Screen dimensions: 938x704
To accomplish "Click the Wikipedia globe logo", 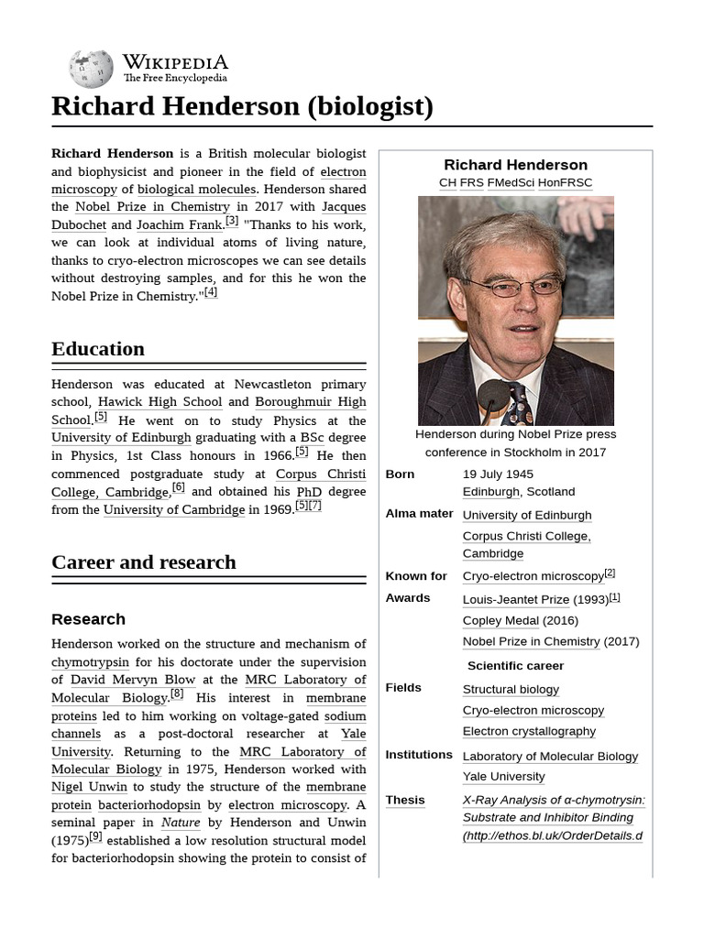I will (91, 69).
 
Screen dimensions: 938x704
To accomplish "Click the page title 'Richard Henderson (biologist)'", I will (242, 106).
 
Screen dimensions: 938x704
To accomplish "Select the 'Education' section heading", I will (98, 349).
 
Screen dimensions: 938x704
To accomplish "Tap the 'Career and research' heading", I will (144, 562).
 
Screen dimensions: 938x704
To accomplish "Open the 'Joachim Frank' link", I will (179, 224).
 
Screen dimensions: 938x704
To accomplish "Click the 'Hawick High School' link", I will (160, 402).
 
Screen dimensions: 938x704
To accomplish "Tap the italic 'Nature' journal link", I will (181, 823).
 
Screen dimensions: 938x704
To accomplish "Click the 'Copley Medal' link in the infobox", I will (500, 620).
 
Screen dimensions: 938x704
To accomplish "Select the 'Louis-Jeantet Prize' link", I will (516, 600).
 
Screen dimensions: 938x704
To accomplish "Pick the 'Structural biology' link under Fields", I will (511, 690).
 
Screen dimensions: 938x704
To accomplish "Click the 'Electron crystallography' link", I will (529, 731).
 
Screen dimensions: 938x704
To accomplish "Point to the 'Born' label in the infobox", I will (400, 474).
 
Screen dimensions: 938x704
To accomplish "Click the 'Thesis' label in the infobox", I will (405, 800).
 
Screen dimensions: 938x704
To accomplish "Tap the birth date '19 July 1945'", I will (498, 474).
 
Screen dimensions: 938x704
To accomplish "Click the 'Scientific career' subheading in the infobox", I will (515, 666).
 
